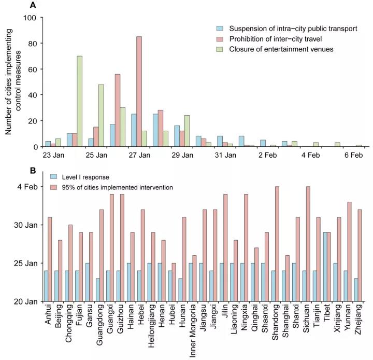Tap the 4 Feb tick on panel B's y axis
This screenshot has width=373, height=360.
click(x=27, y=187)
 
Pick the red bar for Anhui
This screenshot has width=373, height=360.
click(x=50, y=259)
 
